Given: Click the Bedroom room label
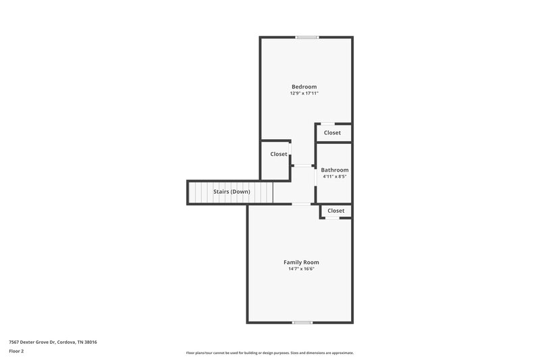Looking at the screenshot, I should coord(304,86).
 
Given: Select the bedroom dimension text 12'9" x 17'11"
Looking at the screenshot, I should coord(304,93).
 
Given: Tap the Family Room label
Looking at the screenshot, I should coord(301,262).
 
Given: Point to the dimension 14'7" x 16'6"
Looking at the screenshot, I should coord(301,269).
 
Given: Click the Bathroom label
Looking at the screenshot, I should coord(335,170).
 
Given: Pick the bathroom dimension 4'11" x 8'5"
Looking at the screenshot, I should coord(335,176).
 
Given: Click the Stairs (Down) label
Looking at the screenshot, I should coord(232,192).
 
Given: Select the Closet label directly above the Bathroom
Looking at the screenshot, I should coord(332,133).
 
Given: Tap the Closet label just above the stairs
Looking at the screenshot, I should coord(279,154).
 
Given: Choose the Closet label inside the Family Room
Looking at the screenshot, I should coord(335,211).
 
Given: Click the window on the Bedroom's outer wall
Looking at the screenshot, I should coord(307,37).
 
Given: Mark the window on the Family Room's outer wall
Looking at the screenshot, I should coord(302,322).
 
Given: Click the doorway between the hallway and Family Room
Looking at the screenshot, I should coord(301,204).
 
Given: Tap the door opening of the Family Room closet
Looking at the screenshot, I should coord(332,218).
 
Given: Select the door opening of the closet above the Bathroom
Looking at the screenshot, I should coord(327,124).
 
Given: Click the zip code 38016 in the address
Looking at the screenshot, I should coord(90,342).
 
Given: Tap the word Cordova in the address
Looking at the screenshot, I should coord(67,342).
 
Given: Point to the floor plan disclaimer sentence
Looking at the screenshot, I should coord(269,353).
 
